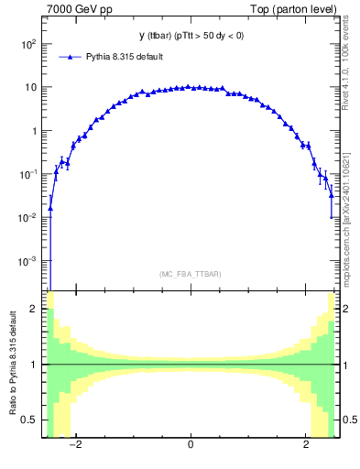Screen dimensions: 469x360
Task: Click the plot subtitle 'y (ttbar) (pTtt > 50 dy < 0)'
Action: click(x=191, y=37)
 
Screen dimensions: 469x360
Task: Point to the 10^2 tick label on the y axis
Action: click(x=27, y=44)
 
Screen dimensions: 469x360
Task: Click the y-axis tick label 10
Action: click(x=29, y=87)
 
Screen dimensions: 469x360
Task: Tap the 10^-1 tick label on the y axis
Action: click(x=27, y=174)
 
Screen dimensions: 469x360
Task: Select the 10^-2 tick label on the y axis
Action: click(x=27, y=217)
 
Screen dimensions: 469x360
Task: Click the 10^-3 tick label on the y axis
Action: click(x=27, y=260)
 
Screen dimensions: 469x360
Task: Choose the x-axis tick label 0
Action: click(x=191, y=446)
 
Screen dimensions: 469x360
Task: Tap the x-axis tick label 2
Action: click(x=306, y=446)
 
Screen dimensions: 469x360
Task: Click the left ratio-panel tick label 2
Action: click(x=34, y=310)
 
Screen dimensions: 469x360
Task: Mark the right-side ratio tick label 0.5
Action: click(x=349, y=420)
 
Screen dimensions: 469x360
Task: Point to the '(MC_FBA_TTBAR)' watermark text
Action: click(x=191, y=274)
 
